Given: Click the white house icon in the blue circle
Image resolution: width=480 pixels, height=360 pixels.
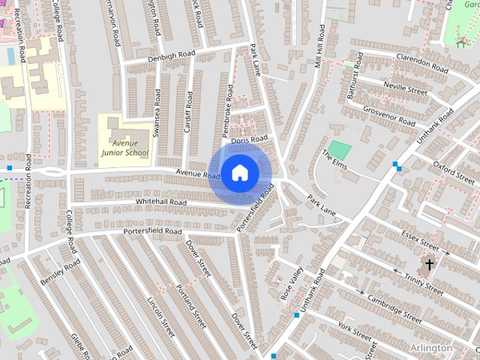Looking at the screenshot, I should pos(239,173).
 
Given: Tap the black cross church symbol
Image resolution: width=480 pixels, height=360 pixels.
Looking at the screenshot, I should pos(430,265).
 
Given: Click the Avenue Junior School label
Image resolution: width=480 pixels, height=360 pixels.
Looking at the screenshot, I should pos(125,147).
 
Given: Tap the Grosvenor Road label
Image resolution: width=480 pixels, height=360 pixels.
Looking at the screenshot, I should pos(389,115).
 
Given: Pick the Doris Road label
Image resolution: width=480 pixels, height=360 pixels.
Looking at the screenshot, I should pos(249,139).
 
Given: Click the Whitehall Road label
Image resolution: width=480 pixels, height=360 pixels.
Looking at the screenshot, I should pos(160,202).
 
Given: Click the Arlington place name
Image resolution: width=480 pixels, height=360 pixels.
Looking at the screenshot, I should pos(431,348).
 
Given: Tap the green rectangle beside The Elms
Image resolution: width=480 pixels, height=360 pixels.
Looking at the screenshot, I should pos(340,149).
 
